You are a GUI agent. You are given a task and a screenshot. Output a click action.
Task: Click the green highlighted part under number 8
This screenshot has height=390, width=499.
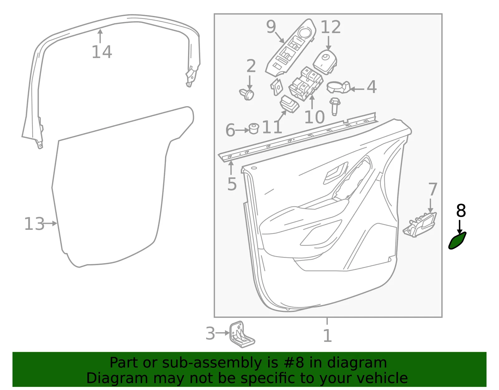tap(457, 241)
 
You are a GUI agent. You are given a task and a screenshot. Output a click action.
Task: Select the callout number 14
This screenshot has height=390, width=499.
tap(102, 52)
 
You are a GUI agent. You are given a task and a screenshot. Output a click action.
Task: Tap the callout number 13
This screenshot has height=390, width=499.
tap(34, 224)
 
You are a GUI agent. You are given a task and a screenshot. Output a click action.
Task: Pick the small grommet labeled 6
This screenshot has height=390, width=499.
tap(254, 129)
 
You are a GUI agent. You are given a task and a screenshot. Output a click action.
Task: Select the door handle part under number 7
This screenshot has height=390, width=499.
tap(420, 224)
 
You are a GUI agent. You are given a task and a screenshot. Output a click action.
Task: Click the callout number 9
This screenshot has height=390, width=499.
tap(271, 27)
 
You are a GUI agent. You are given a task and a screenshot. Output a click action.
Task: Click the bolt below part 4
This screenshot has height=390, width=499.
tap(335, 106)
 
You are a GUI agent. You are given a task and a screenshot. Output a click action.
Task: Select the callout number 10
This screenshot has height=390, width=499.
tap(314, 117)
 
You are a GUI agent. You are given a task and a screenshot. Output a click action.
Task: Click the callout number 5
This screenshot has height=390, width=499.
tap(232, 184)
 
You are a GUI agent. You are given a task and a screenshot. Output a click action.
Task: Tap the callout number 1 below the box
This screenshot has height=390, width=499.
tap(327, 336)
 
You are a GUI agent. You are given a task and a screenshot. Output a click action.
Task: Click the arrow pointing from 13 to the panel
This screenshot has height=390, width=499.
tap(50, 223)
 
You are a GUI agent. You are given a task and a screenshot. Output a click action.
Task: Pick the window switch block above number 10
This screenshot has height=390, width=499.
tap(306, 84)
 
